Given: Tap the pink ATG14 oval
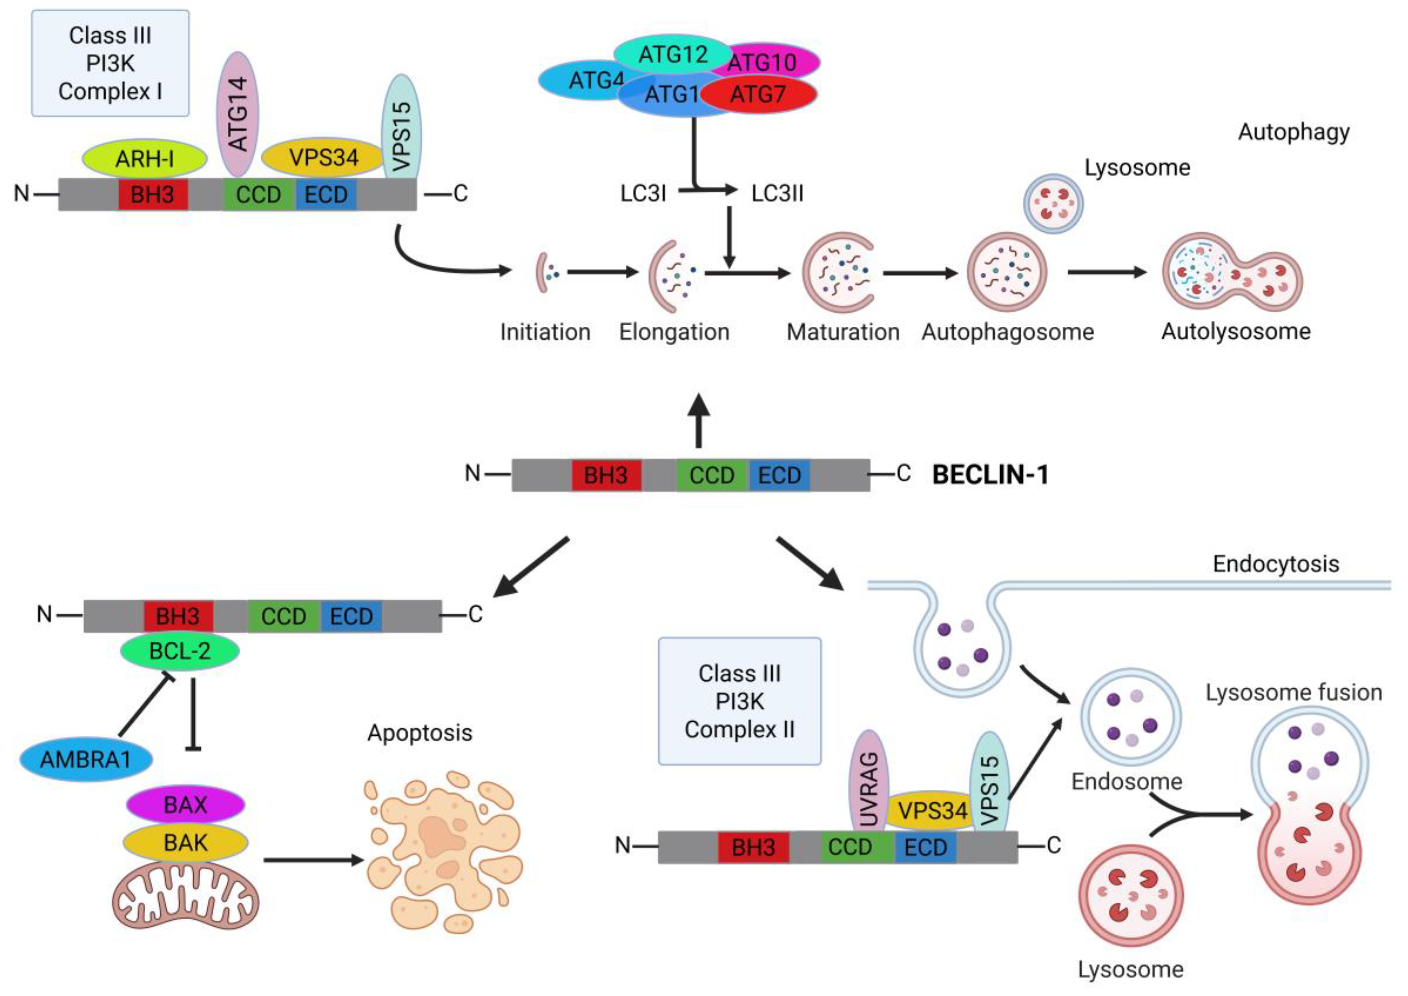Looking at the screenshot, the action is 238,114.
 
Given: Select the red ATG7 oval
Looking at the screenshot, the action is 758,94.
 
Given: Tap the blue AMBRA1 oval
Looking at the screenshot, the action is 86,760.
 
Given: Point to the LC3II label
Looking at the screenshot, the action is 777,194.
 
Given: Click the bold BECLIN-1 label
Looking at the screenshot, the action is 990,475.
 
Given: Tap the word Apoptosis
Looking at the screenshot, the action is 420,733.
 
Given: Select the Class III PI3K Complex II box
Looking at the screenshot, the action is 740,701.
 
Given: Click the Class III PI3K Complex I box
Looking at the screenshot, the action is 110,63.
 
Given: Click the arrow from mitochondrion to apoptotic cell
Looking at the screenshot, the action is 314,861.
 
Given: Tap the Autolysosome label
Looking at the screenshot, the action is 1236,332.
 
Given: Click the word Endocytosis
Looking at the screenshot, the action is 1276,564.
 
